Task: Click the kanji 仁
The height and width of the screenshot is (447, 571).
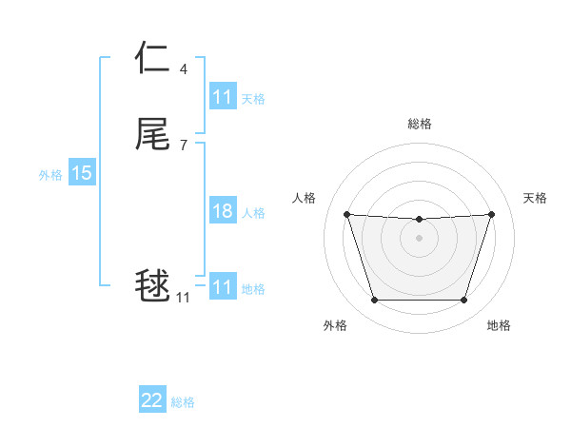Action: click(x=152, y=59)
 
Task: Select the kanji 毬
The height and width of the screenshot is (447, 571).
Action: click(x=152, y=285)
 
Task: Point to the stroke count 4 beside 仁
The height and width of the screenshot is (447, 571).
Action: click(x=183, y=69)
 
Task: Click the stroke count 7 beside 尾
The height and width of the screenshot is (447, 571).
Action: click(x=183, y=145)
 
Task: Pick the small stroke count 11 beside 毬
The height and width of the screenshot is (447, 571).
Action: click(x=183, y=298)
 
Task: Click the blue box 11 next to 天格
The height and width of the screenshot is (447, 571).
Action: click(x=223, y=97)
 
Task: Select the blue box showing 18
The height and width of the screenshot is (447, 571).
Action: click(x=223, y=211)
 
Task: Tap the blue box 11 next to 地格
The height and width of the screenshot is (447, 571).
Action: click(x=223, y=287)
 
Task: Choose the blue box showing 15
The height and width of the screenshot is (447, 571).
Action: click(x=82, y=173)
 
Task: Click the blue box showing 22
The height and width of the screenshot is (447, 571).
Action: click(x=152, y=400)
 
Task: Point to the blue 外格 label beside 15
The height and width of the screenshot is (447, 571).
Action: click(x=49, y=174)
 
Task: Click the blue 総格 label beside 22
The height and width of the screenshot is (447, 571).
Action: click(x=183, y=402)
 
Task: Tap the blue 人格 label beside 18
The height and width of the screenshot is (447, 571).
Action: click(x=253, y=213)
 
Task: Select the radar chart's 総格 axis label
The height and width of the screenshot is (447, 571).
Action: click(x=419, y=124)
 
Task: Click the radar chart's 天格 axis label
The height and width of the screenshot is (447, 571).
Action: click(x=535, y=198)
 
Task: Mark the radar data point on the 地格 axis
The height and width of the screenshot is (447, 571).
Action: click(x=463, y=301)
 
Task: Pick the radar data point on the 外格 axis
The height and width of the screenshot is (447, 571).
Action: click(x=374, y=301)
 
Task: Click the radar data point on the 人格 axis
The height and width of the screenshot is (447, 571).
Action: click(x=346, y=214)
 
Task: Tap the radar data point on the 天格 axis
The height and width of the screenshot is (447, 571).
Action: click(x=491, y=214)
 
